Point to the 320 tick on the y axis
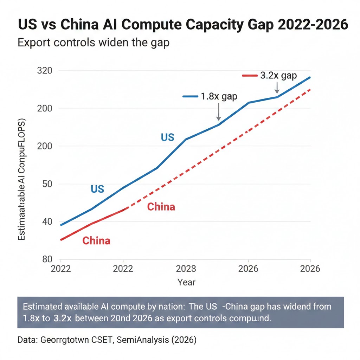[x=44, y=70]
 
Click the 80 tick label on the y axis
[x=47, y=259]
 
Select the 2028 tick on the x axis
[x=186, y=269]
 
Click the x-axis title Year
[x=186, y=282]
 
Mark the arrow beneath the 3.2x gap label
[x=277, y=88]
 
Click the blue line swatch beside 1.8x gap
[x=190, y=96]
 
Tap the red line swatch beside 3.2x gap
[x=250, y=76]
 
